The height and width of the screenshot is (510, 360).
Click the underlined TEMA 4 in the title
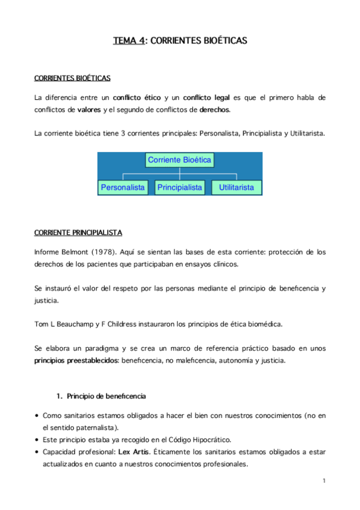pyautogui.click(x=129, y=41)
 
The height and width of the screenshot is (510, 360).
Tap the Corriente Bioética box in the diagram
pyautogui.click(x=179, y=160)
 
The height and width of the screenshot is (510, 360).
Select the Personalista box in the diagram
pyautogui.click(x=123, y=188)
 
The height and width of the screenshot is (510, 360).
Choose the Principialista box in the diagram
pyautogui.click(x=179, y=188)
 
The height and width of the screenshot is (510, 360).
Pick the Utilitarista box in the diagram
pyautogui.click(x=236, y=188)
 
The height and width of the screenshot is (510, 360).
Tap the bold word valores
pyautogui.click(x=89, y=109)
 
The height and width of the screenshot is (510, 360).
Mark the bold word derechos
pyautogui.click(x=214, y=109)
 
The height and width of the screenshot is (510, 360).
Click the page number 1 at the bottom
pyautogui.click(x=323, y=481)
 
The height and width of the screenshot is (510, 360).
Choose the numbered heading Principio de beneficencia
pyautogui.click(x=106, y=396)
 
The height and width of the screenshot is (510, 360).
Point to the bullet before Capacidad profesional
pyautogui.click(x=37, y=452)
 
